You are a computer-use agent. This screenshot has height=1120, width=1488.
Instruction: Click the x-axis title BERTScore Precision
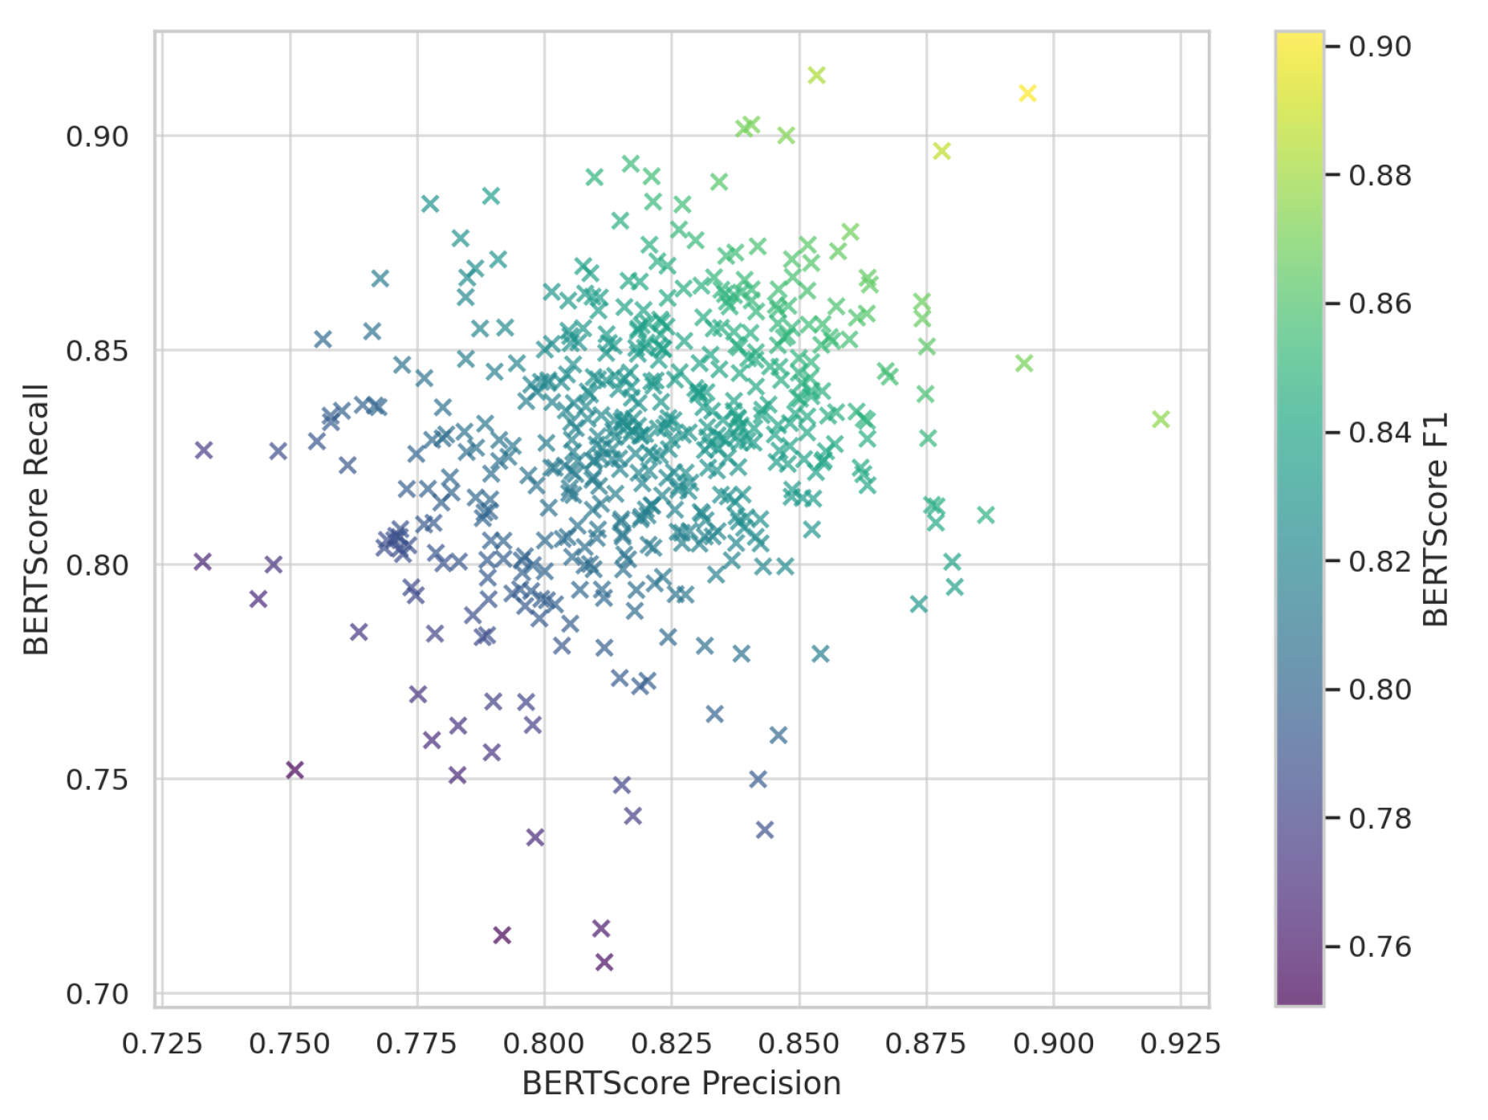681,1083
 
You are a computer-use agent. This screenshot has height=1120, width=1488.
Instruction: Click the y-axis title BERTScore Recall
36,519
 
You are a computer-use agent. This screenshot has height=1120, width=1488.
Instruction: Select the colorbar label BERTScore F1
1434,519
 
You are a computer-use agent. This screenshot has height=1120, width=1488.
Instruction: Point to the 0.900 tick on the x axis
1053,1043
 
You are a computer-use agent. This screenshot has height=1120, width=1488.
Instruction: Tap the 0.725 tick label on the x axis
162,1043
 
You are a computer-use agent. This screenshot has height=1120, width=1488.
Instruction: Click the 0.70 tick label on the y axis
97,994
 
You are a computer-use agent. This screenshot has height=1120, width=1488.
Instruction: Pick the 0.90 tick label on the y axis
97,136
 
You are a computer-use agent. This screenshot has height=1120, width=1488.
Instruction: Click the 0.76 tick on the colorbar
1380,947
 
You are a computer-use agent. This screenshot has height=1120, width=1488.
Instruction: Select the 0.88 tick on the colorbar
1380,175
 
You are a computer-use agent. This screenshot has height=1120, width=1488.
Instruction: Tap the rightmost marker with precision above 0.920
1161,419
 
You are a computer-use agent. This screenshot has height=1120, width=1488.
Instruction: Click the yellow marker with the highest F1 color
1027,93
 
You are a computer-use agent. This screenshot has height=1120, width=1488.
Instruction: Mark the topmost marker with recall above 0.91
816,75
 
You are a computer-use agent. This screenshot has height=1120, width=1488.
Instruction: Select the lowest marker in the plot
604,962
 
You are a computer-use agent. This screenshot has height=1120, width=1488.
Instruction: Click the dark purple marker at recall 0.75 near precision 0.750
295,770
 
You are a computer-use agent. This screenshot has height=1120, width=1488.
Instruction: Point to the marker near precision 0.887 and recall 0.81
986,515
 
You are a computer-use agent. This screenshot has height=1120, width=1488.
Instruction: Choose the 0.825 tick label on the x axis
671,1043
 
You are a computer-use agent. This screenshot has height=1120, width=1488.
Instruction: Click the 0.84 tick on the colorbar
1380,432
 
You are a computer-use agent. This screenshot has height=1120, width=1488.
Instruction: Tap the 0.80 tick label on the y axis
97,565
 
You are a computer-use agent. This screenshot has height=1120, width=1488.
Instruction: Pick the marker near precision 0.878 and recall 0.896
941,151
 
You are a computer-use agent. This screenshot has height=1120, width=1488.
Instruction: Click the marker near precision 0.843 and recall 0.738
765,829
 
